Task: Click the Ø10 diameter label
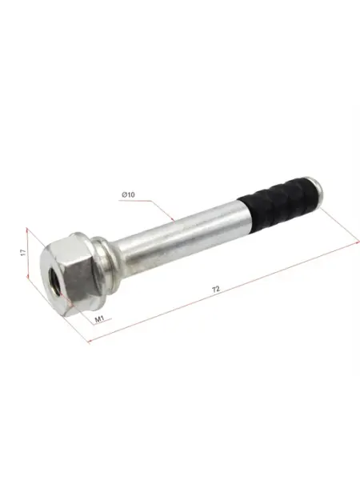pyautogui.click(x=128, y=194)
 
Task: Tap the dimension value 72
pyautogui.click(x=216, y=289)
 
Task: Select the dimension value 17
pyautogui.click(x=23, y=253)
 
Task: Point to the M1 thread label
pyautogui.click(x=99, y=319)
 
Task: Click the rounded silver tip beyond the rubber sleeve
pyautogui.click(x=318, y=194)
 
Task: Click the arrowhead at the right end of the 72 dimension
pyautogui.click(x=358, y=242)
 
